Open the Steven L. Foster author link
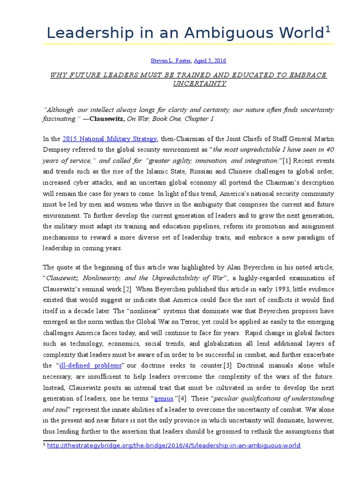tap(170, 60)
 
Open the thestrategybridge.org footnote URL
tap(173, 445)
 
